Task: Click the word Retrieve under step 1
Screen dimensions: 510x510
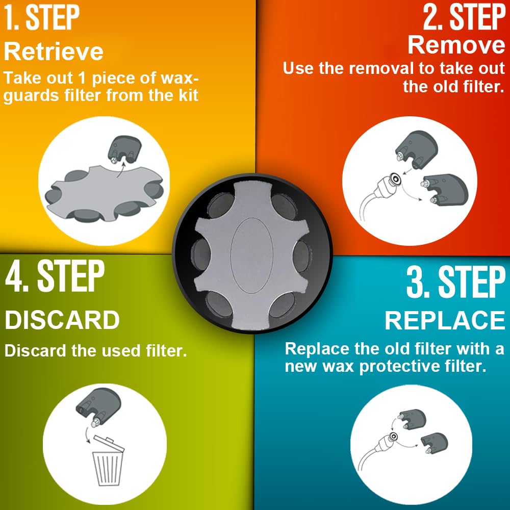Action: click(x=54, y=52)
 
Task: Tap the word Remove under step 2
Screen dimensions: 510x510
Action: click(x=456, y=45)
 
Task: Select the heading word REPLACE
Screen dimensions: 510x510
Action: click(x=445, y=320)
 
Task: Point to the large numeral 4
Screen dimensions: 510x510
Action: click(x=14, y=276)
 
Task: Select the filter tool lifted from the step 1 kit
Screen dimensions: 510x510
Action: click(x=125, y=149)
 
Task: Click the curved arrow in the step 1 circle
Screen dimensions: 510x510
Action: click(x=121, y=170)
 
